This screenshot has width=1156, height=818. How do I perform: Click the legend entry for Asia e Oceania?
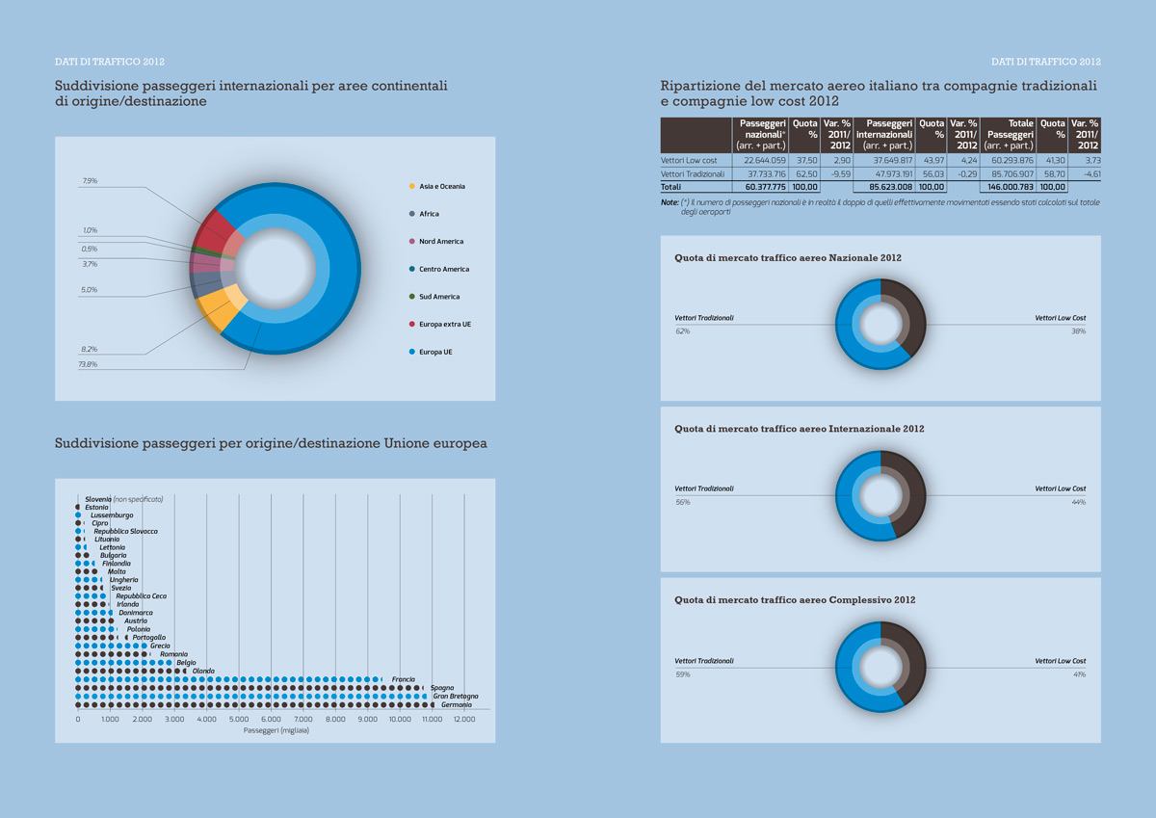tap(440, 186)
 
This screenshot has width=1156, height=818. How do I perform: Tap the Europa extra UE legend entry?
tap(445, 324)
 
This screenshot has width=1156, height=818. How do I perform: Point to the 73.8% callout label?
tap(88, 365)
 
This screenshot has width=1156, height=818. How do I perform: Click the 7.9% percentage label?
tap(90, 180)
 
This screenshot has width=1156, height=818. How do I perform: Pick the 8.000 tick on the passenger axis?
tap(335, 720)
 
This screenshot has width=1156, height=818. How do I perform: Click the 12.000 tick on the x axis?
tap(465, 720)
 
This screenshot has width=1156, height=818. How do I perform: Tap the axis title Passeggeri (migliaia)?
tap(276, 731)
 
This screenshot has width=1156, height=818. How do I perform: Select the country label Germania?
tap(456, 704)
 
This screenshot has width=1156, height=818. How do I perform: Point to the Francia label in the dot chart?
tap(404, 679)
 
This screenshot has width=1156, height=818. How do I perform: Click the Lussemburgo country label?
tap(112, 515)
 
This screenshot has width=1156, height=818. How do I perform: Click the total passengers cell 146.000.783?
tap(1007, 186)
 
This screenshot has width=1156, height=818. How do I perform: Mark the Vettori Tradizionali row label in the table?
tap(693, 173)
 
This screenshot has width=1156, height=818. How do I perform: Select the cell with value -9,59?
tap(838, 173)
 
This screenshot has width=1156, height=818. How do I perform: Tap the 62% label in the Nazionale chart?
tap(682, 331)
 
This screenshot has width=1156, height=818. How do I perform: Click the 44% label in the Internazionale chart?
tap(1078, 502)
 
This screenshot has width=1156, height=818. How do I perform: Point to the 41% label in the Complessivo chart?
tap(1078, 674)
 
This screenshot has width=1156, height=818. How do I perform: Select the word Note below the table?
tap(669, 202)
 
